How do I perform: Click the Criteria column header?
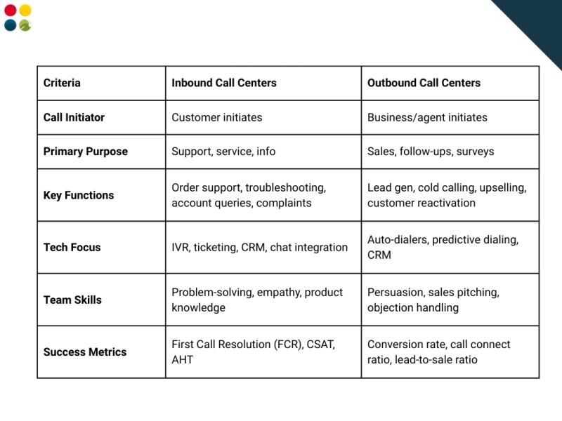(x=62, y=83)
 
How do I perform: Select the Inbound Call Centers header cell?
(x=224, y=83)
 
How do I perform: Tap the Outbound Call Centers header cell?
(x=424, y=83)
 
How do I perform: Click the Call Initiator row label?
(x=74, y=117)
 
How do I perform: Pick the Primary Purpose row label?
(x=86, y=152)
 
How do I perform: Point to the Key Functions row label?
(x=79, y=195)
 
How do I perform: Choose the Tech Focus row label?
(x=72, y=247)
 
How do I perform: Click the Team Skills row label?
(x=72, y=300)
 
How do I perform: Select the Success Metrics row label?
(x=85, y=352)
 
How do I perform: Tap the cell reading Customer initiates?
(x=216, y=117)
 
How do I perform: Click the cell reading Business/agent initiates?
(x=427, y=117)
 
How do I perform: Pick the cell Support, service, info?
(x=223, y=152)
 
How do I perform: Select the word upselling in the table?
(x=502, y=188)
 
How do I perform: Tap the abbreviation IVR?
(x=181, y=247)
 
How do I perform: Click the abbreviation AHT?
(x=182, y=359)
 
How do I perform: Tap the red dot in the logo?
(x=10, y=10)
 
